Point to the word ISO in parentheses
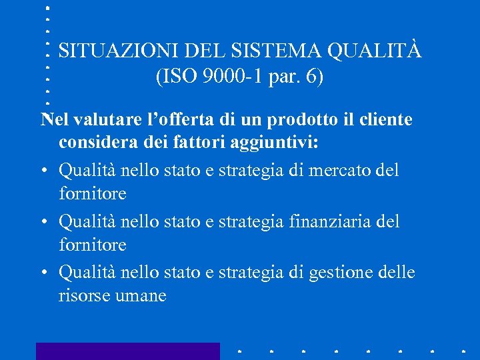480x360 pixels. (x=175, y=77)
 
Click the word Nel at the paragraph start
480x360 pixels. (x=55, y=120)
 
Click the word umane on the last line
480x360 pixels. (x=142, y=296)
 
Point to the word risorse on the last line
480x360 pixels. (x=84, y=296)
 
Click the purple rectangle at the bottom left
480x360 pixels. (x=127, y=351)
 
